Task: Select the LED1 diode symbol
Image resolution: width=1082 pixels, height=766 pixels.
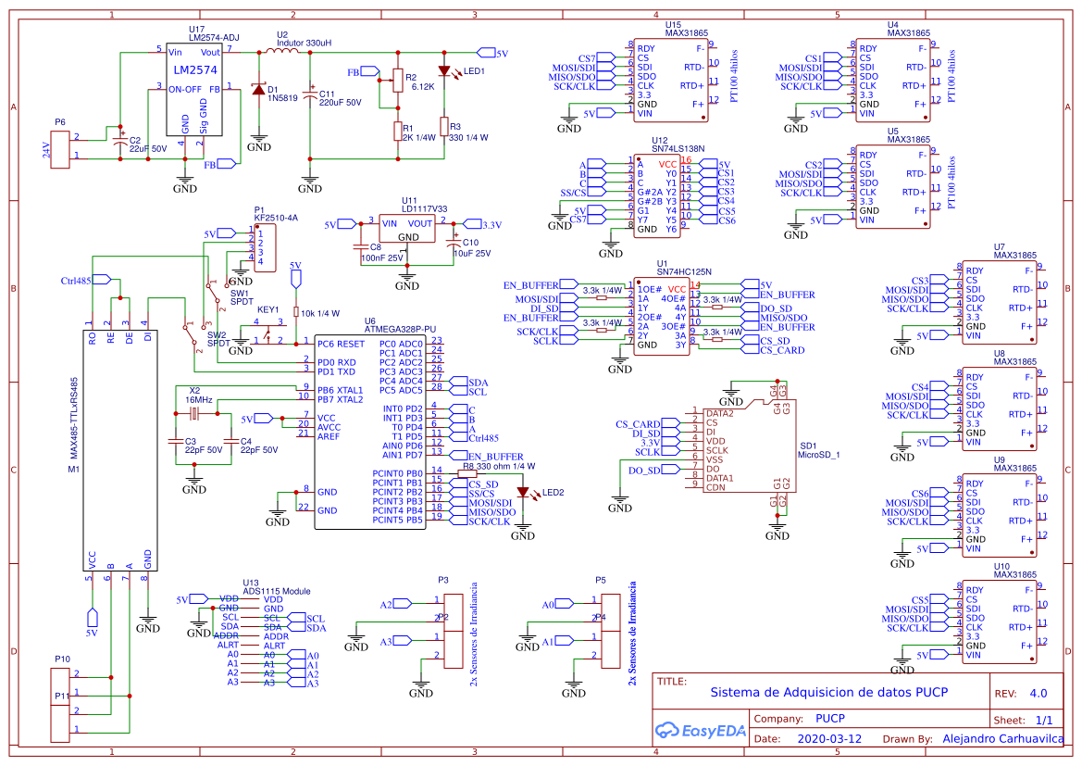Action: (444, 70)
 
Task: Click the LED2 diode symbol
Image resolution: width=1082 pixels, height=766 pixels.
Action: (524, 493)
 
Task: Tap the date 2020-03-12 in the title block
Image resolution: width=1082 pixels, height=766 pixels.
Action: (829, 739)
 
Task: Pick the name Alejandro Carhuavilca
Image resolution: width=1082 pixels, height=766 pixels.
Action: (1002, 739)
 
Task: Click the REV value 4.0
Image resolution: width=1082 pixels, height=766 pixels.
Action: (1038, 693)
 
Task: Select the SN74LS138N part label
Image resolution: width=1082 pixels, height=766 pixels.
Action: (678, 148)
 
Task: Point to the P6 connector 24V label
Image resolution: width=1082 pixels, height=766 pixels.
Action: (45, 150)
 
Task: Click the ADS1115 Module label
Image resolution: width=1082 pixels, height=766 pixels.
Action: (277, 591)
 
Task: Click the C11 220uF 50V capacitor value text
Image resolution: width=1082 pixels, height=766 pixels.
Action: (341, 103)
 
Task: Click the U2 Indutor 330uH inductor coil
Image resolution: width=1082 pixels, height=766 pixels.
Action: (283, 53)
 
